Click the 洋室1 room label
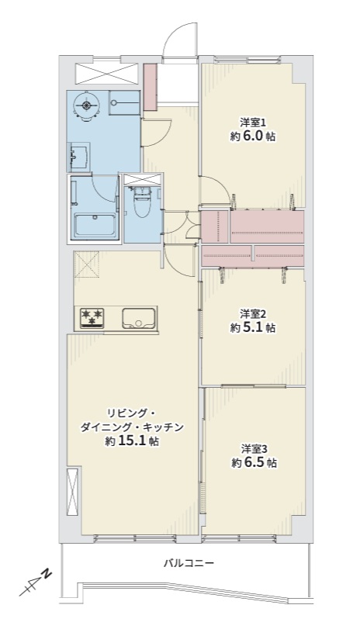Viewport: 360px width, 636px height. point(252,122)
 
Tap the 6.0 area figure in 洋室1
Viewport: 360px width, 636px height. point(255,136)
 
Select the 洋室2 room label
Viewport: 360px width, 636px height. point(252,313)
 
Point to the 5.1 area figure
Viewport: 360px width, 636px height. point(255,327)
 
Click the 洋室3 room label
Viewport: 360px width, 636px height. point(254,448)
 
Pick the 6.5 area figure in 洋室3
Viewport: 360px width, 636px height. point(257,462)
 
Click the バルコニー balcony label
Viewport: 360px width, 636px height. point(189,562)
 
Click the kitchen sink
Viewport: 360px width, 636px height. point(139,319)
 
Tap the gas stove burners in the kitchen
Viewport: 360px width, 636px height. point(92,316)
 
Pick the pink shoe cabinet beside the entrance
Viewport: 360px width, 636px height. point(151,86)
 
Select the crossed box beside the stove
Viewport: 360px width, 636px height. point(86,264)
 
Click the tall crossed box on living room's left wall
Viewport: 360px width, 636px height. point(72,491)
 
